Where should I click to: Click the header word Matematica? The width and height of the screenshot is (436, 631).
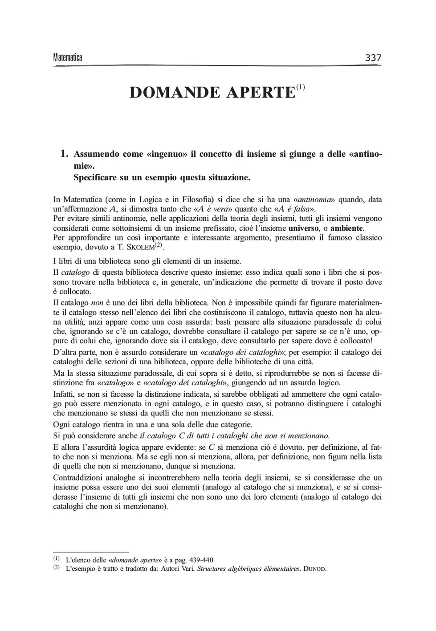click(x=68, y=57)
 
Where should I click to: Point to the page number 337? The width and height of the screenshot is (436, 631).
click(x=373, y=57)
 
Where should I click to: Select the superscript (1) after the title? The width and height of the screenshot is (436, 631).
click(x=301, y=86)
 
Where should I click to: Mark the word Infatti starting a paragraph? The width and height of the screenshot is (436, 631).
click(x=64, y=394)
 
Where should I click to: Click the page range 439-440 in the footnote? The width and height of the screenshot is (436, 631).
click(x=201, y=560)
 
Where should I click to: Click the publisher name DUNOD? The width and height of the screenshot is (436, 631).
click(x=314, y=569)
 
